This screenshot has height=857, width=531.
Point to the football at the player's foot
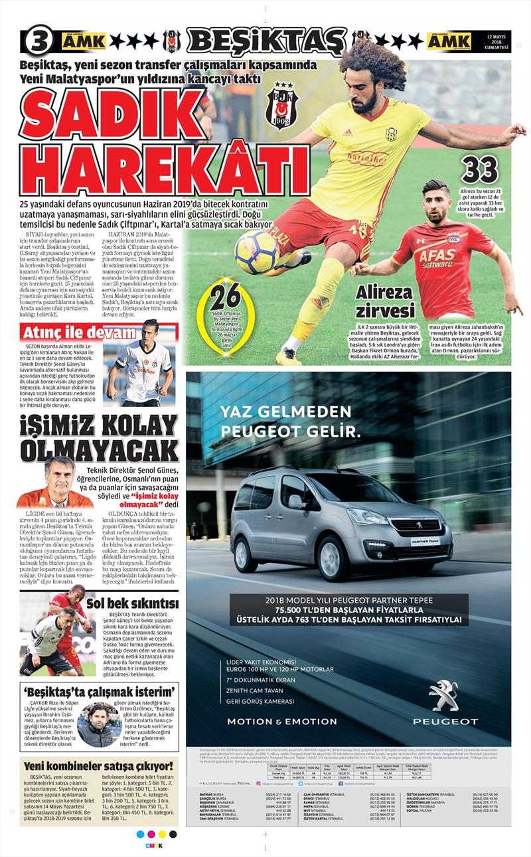pos(256,251)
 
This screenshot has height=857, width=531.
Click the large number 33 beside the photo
pos(479,169)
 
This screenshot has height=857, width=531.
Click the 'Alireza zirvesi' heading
pos(385,301)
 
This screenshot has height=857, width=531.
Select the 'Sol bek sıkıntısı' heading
pos(133,603)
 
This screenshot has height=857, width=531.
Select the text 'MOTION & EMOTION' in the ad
pos(282,721)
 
